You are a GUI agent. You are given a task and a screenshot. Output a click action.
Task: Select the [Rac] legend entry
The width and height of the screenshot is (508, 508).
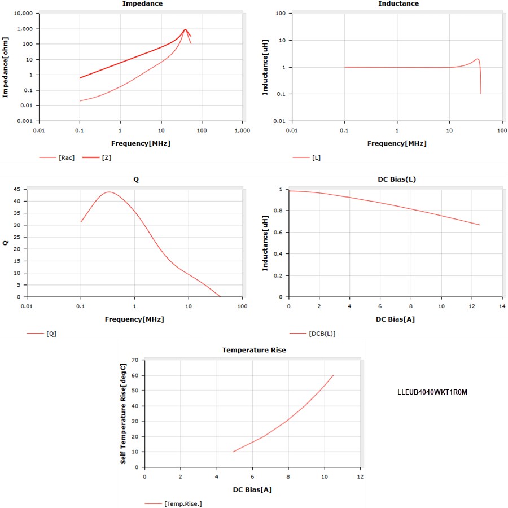coord(66,157)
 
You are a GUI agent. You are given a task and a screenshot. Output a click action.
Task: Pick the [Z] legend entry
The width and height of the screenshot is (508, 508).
coord(106,157)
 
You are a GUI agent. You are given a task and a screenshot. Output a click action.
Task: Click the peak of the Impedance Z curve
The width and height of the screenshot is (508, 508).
coord(185,29)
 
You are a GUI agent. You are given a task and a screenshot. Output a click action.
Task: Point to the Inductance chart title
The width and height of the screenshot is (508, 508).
coord(398,4)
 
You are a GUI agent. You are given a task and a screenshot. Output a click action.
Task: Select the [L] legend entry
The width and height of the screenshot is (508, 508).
coord(316,157)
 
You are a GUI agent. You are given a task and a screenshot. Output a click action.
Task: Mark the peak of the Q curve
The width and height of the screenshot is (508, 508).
coord(108,192)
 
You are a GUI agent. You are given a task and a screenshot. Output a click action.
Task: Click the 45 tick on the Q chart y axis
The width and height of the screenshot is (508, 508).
coord(16,189)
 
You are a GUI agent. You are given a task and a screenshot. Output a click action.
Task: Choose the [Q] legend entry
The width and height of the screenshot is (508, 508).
coord(51,333)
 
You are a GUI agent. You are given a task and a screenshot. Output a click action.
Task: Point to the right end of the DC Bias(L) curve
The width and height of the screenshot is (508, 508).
coord(479,225)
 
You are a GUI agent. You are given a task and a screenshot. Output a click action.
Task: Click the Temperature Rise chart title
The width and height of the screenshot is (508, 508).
coord(253,350)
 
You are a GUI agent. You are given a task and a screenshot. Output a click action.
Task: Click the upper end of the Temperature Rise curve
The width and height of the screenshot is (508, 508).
coord(334,375)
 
